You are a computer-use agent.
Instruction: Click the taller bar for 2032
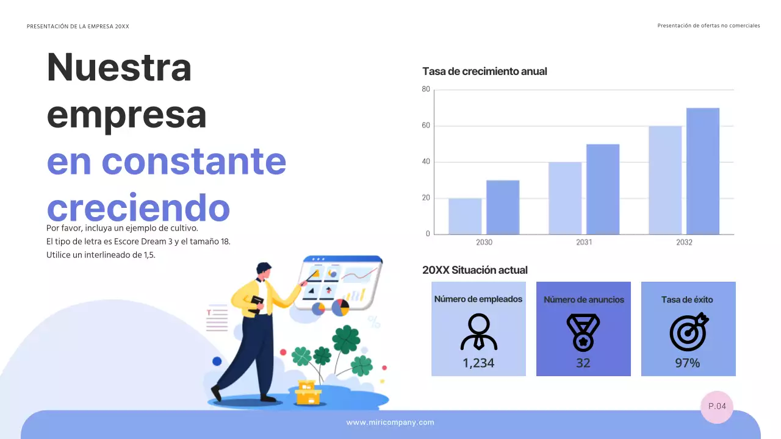(702, 171)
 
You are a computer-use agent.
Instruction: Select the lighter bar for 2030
(465, 216)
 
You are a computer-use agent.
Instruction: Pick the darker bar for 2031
(603, 189)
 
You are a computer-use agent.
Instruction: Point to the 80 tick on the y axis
(426, 90)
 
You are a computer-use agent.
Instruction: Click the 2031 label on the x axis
(584, 242)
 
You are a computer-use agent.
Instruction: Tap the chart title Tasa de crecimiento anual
(484, 71)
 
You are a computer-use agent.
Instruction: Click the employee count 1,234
(478, 363)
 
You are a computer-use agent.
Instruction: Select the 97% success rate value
(688, 363)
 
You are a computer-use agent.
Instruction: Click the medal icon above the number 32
(583, 332)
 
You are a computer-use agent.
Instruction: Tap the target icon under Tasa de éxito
(688, 332)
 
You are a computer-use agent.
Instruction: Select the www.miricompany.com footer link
(390, 423)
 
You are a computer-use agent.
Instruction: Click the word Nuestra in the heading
(120, 68)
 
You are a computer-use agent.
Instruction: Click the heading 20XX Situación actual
(475, 270)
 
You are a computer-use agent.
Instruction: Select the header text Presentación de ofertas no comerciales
(708, 26)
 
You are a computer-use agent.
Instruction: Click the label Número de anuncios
(583, 299)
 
